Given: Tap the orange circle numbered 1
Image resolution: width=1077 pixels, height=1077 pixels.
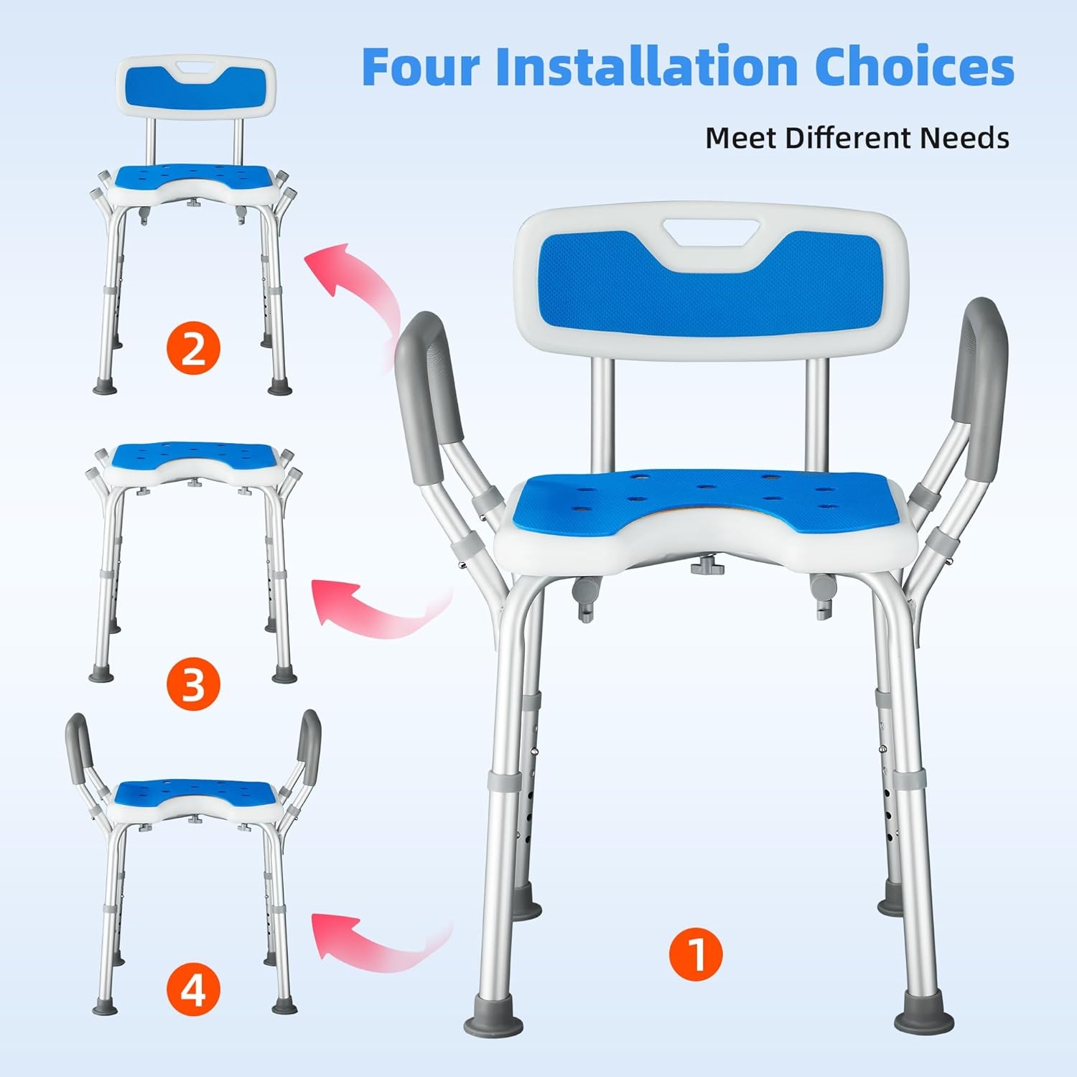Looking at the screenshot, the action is (x=696, y=954).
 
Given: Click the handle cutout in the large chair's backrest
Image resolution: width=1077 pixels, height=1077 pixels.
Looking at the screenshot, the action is (x=712, y=231).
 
